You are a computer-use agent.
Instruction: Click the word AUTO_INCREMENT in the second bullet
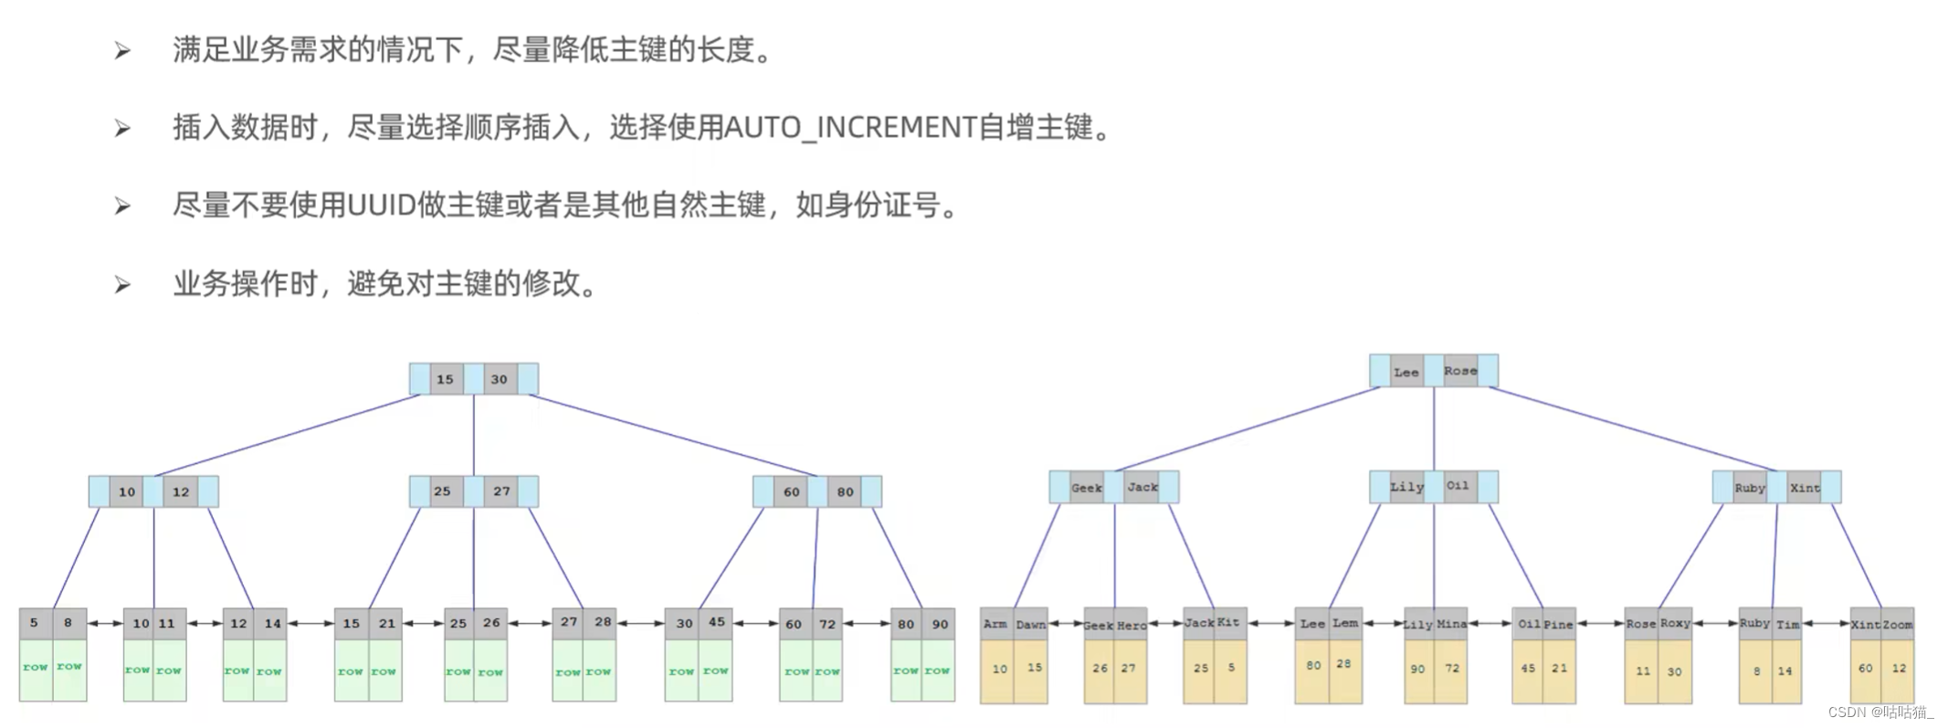click(850, 128)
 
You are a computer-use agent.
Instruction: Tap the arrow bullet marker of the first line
click(122, 51)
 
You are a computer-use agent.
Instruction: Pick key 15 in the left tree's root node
click(445, 379)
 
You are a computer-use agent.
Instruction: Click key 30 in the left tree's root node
click(499, 379)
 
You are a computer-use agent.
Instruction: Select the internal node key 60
click(791, 491)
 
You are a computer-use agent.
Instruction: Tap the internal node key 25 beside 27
click(442, 491)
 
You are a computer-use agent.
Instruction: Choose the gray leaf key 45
click(717, 623)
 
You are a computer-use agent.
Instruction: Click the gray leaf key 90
click(940, 624)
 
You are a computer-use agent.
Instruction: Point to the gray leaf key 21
click(386, 624)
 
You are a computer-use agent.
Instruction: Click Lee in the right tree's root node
click(1406, 372)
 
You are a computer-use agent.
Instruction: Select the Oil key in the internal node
click(1458, 486)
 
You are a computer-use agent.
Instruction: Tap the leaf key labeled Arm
click(995, 624)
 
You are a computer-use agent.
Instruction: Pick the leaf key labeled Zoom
click(1897, 625)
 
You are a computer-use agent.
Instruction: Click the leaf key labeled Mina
click(1451, 625)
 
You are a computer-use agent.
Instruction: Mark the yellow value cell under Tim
click(1785, 671)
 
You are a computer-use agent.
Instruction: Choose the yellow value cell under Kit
click(1231, 669)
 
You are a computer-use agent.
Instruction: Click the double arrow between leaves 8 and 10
click(105, 624)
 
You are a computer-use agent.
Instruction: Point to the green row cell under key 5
click(36, 669)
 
